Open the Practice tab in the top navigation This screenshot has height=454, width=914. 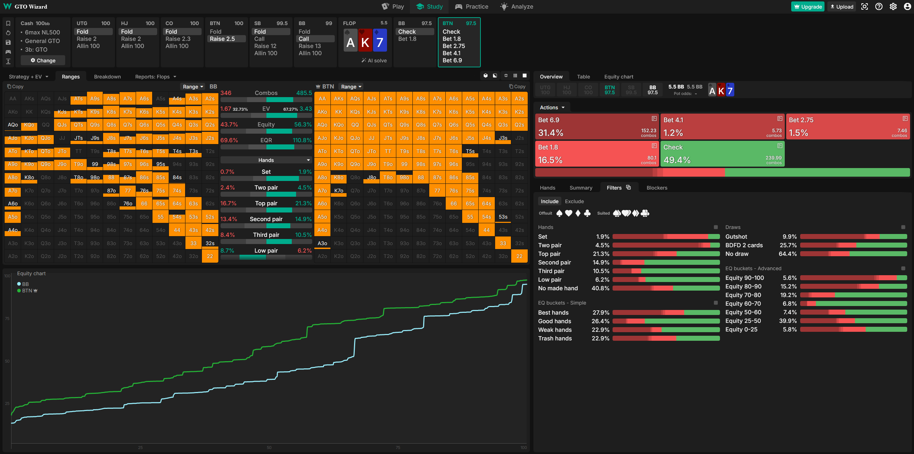[x=471, y=6]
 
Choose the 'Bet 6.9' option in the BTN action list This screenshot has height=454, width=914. [x=452, y=60]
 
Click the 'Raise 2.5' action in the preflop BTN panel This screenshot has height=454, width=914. [x=222, y=39]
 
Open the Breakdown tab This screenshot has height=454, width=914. [x=107, y=77]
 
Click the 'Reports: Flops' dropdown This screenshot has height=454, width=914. [x=155, y=77]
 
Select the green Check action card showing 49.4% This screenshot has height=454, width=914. [x=722, y=153]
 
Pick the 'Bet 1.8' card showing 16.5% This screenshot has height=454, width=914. [x=597, y=153]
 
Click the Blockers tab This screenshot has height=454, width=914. [x=657, y=188]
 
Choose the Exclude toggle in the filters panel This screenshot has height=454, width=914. [x=574, y=201]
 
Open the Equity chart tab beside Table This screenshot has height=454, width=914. [x=618, y=77]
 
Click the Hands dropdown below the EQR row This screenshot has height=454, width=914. [x=266, y=160]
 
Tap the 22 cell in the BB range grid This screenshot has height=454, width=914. [x=210, y=256]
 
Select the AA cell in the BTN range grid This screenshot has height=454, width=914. [x=322, y=99]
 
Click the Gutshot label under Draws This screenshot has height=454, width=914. [x=736, y=236]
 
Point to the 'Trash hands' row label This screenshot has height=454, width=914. [x=555, y=338]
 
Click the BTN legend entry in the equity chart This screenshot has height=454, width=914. [x=27, y=291]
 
